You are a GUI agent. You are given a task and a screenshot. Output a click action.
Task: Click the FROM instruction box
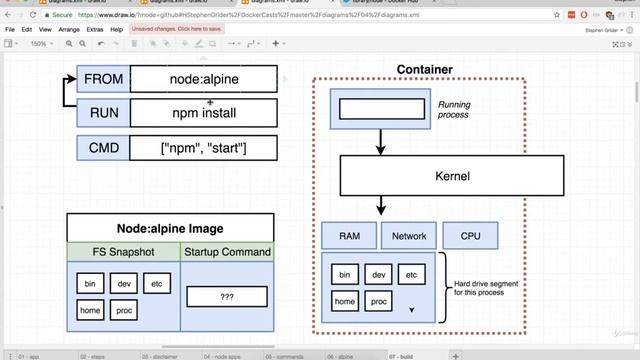pyautogui.click(x=103, y=79)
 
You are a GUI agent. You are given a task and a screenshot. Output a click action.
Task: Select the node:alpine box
pyautogui.click(x=204, y=79)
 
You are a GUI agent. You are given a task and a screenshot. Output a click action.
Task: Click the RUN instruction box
pyautogui.click(x=103, y=113)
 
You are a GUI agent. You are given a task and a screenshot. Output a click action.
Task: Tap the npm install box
pyautogui.click(x=204, y=113)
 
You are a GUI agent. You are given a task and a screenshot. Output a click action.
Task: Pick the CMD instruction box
pyautogui.click(x=103, y=148)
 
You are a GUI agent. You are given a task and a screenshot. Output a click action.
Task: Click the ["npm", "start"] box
pyautogui.click(x=204, y=148)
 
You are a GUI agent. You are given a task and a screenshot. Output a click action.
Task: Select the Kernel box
pyautogui.click(x=452, y=176)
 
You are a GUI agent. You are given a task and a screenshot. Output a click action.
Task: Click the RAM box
pyautogui.click(x=349, y=236)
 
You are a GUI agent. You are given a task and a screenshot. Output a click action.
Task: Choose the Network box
pyautogui.click(x=409, y=236)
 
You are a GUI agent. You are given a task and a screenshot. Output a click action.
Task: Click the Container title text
pyautogui.click(x=424, y=69)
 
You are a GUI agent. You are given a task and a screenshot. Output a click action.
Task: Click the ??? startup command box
pyautogui.click(x=226, y=297)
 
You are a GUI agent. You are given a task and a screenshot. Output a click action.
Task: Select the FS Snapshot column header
pyautogui.click(x=123, y=252)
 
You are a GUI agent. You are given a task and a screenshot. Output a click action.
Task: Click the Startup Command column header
pyautogui.click(x=226, y=252)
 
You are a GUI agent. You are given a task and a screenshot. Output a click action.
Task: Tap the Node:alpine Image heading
pyautogui.click(x=169, y=228)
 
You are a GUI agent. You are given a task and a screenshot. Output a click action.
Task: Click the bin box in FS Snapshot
pyautogui.click(x=90, y=284)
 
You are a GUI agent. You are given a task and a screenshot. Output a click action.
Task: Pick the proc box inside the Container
pyautogui.click(x=379, y=301)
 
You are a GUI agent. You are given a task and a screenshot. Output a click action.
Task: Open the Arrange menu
pyautogui.click(x=69, y=30)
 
